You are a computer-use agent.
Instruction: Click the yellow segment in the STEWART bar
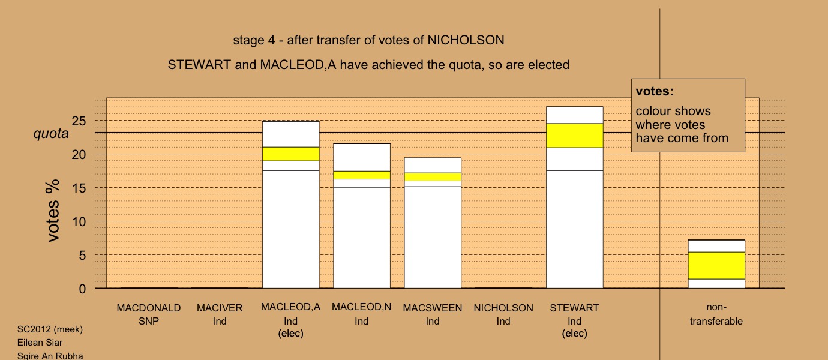[x=574, y=136]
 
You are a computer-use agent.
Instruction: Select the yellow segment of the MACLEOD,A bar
[x=290, y=154]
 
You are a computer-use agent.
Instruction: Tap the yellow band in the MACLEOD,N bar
[x=362, y=175]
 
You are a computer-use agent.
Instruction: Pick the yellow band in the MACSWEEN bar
[x=433, y=176]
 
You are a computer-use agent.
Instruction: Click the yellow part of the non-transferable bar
[x=716, y=265]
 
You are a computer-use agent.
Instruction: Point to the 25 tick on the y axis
[x=79, y=121]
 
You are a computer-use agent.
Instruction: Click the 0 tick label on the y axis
[x=82, y=289]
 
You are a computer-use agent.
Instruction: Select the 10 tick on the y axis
[x=79, y=222]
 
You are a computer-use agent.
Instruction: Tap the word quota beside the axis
[x=51, y=133]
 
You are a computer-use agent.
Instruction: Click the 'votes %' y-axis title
[x=52, y=211]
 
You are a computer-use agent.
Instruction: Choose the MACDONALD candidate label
[x=149, y=308]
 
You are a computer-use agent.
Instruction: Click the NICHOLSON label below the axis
[x=503, y=308]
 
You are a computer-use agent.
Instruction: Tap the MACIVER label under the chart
[x=220, y=308]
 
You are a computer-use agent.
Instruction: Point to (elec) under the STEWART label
[x=574, y=334]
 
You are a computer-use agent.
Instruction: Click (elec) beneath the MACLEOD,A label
[x=290, y=334]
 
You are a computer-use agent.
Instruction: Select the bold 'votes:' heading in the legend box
[x=655, y=91]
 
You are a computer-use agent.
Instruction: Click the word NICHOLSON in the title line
[x=466, y=40]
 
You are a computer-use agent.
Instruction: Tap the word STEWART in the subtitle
[x=199, y=65]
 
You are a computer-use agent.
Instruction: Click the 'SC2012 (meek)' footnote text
[x=50, y=329]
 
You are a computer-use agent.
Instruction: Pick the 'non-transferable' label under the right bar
[x=716, y=314]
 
